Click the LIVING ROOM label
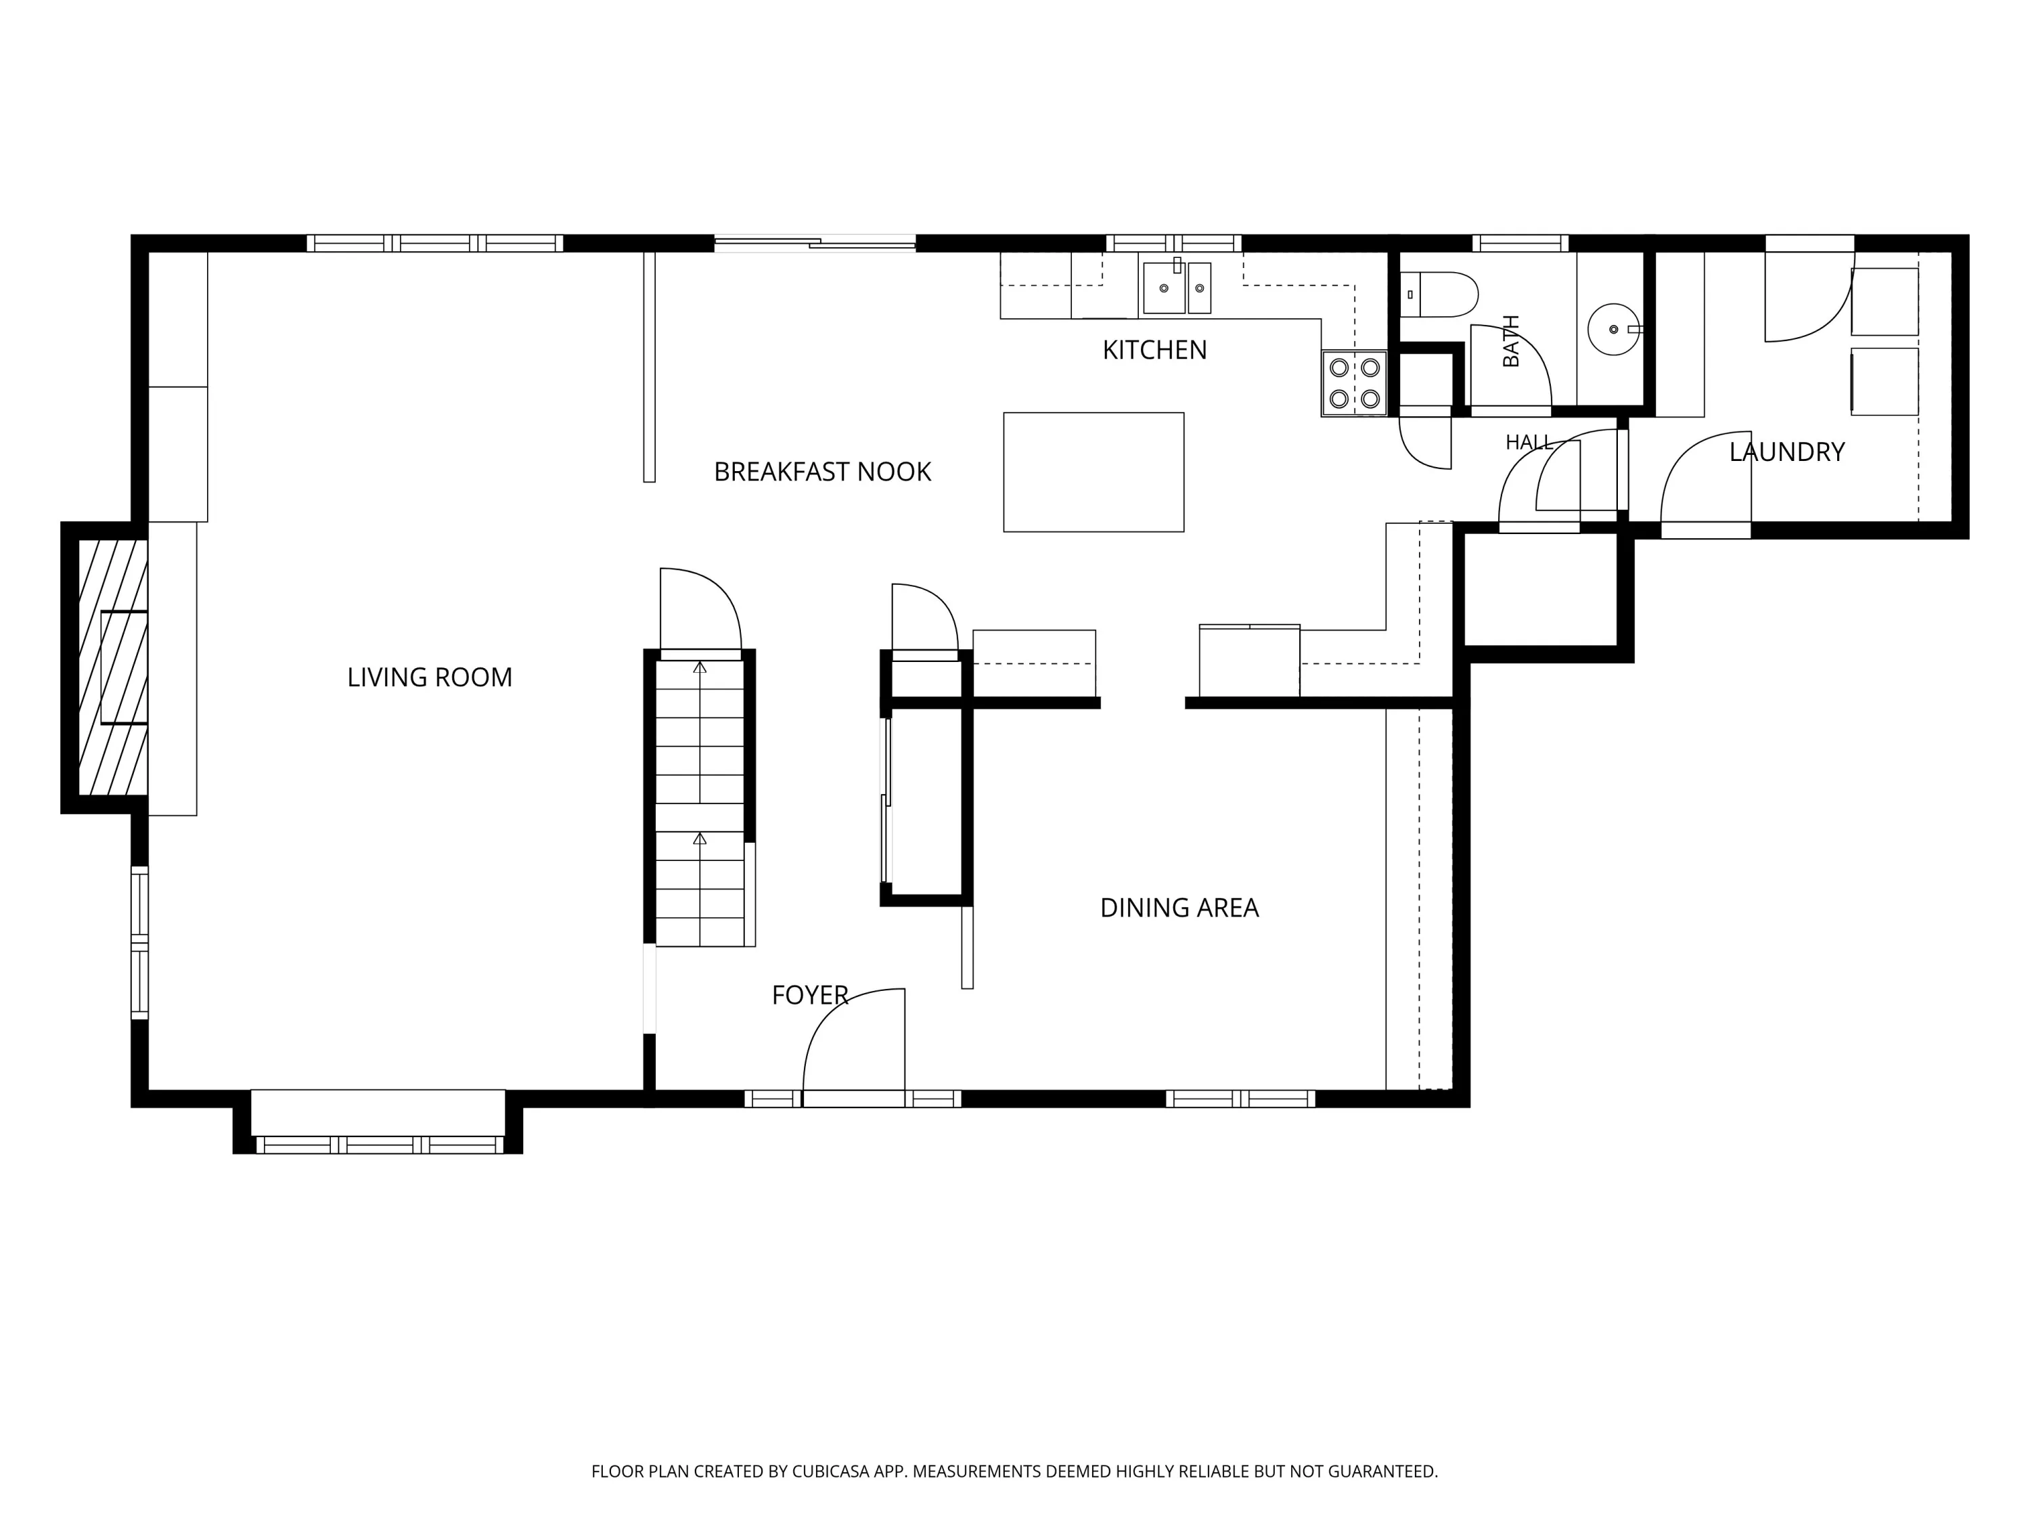click(430, 678)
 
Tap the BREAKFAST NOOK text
click(822, 472)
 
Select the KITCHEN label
click(1154, 350)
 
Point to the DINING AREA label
click(1179, 908)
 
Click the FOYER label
click(809, 995)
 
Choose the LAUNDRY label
click(1787, 451)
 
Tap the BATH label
click(1510, 340)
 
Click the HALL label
click(1529, 443)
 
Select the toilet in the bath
click(1439, 294)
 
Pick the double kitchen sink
click(1177, 288)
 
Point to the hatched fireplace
click(112, 667)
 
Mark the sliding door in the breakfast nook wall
click(815, 243)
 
